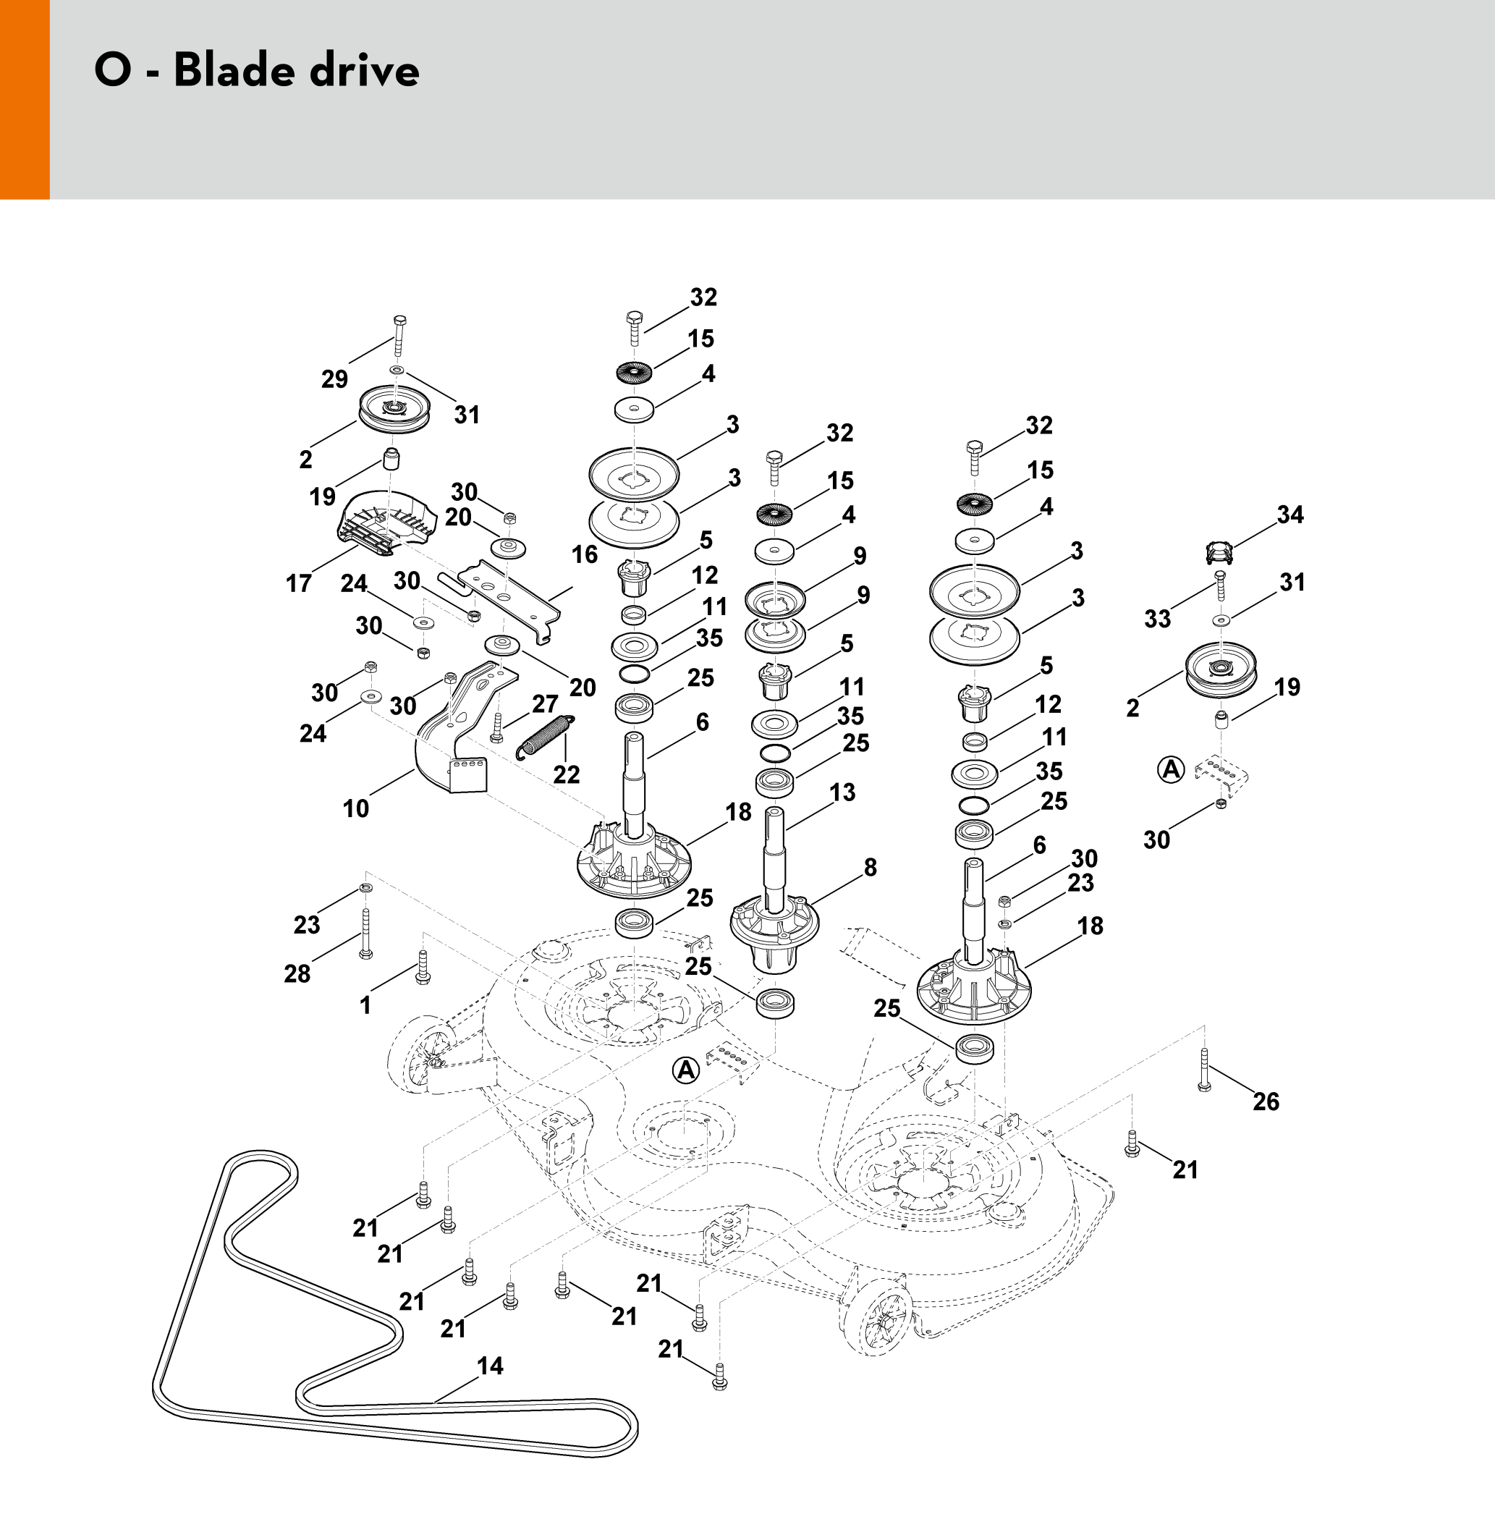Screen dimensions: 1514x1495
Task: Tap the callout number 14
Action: (x=491, y=1366)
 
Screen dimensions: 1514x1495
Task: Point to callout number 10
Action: (x=356, y=808)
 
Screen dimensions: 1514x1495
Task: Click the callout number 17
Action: (x=299, y=583)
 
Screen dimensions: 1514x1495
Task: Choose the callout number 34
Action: (x=1289, y=515)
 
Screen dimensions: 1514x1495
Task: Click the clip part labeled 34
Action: (x=1219, y=552)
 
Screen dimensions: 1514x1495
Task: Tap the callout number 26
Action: (x=1266, y=1101)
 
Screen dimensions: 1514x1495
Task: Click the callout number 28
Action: (x=297, y=973)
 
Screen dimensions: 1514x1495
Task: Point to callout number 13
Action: (x=842, y=792)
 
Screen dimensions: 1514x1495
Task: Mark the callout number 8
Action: (x=871, y=868)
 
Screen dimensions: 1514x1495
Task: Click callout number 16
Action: (x=585, y=555)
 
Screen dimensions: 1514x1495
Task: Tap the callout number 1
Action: (x=365, y=1005)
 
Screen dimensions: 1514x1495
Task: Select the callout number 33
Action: (x=1157, y=619)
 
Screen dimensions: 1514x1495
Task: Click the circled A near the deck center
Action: (x=685, y=1070)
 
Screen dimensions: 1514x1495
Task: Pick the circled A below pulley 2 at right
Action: (x=1171, y=769)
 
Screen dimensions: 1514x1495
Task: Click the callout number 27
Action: (x=546, y=704)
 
